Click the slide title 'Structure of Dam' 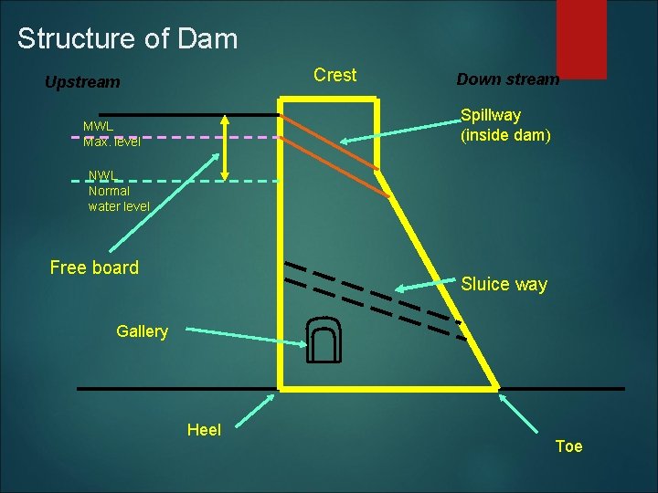tap(127, 39)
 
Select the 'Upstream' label tap(82, 82)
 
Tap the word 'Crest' tap(334, 75)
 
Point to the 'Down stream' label tap(507, 79)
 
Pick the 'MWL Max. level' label tap(111, 133)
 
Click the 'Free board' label tap(94, 267)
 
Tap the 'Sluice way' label tap(504, 284)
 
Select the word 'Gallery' tap(142, 331)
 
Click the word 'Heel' tap(204, 429)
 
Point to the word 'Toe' tap(568, 446)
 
